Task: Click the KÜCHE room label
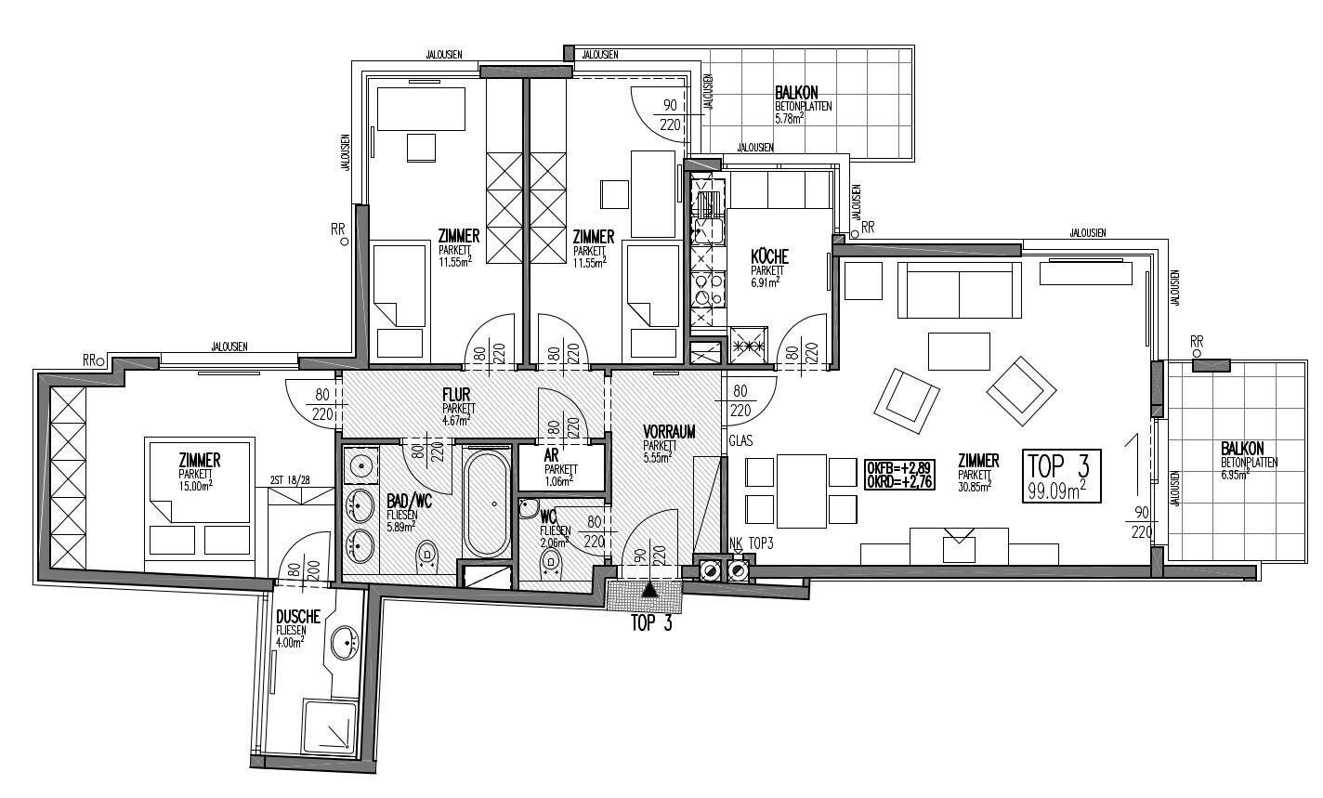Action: (x=769, y=257)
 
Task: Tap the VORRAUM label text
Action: (x=669, y=432)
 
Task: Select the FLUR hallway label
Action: (x=456, y=394)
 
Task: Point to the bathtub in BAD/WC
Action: (x=487, y=502)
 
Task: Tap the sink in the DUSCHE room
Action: (x=346, y=643)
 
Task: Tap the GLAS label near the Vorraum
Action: (x=740, y=440)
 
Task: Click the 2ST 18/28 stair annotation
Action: (x=290, y=480)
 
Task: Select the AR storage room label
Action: (x=551, y=456)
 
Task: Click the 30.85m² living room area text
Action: (x=974, y=486)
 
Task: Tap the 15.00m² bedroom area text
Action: (x=195, y=486)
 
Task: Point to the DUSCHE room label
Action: (x=297, y=617)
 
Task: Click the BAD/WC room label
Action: (x=410, y=502)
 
